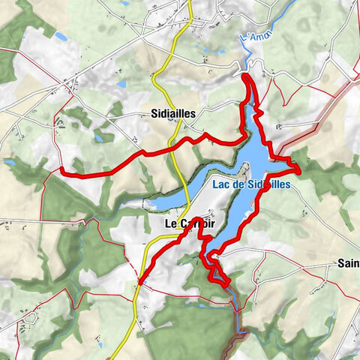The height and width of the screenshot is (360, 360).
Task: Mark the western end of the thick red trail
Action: tap(61, 172)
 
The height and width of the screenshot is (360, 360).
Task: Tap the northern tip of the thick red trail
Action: tap(247, 75)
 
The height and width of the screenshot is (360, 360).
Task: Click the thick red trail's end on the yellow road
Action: tap(140, 283)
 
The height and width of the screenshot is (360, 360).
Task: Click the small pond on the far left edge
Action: tap(9, 160)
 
